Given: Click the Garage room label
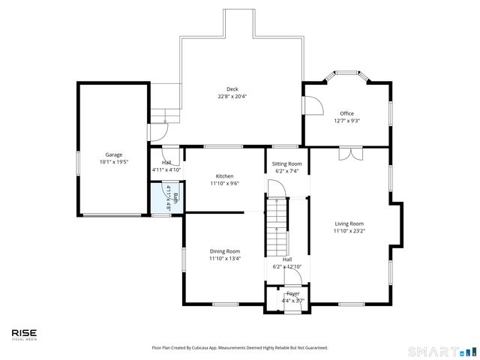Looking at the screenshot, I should tap(113, 154).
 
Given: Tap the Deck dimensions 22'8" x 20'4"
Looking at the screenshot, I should tap(232, 96).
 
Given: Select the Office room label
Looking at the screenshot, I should tap(346, 113).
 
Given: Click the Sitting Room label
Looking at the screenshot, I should tap(286, 163).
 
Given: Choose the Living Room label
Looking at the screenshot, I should tap(349, 223).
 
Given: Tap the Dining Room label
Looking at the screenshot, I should tap(225, 251).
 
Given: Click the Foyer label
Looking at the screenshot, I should tap(292, 293).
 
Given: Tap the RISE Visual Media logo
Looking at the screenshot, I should tap(24, 334).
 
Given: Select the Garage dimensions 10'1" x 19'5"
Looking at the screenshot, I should tap(113, 162).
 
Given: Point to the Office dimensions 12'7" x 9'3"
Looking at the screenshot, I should tap(346, 121).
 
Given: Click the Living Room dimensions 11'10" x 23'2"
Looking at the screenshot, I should tap(349, 231).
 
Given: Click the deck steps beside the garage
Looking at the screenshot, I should tap(166, 116).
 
